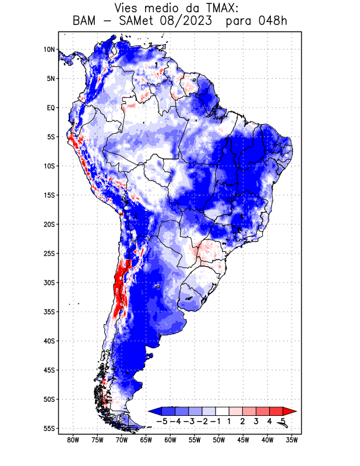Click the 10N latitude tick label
click(48, 50)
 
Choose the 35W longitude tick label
click(292, 440)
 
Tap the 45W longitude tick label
click(243, 440)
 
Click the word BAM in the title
click(86, 22)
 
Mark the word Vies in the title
click(130, 8)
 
